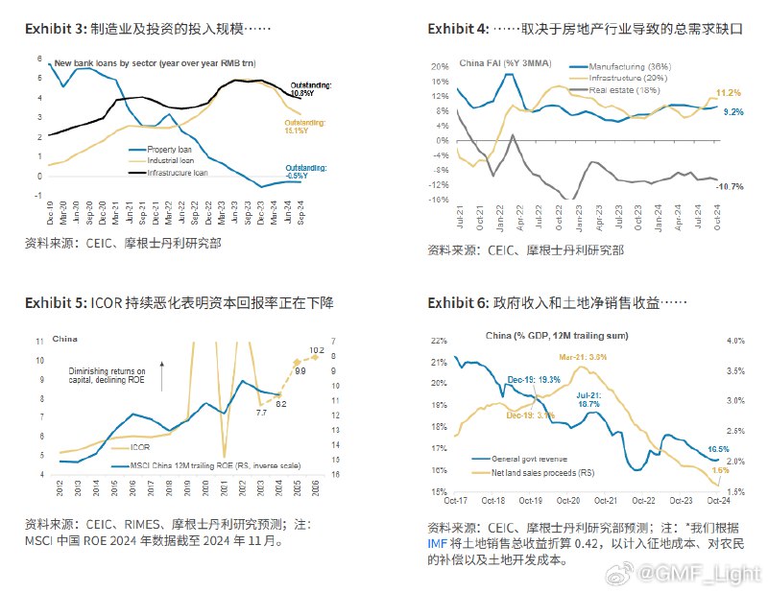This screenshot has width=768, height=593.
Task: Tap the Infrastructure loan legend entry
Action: [x=177, y=174]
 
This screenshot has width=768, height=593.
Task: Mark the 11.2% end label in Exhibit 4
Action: [x=730, y=93]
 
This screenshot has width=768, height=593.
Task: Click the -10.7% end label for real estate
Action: [x=729, y=185]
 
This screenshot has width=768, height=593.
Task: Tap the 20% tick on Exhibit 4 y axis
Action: [x=440, y=67]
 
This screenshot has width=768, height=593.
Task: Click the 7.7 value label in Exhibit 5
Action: [x=260, y=412]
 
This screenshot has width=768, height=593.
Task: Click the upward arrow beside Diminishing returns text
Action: [x=162, y=373]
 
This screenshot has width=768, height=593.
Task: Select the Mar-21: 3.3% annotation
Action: [x=585, y=357]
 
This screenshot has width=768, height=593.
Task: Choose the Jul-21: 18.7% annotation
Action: [x=588, y=399]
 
